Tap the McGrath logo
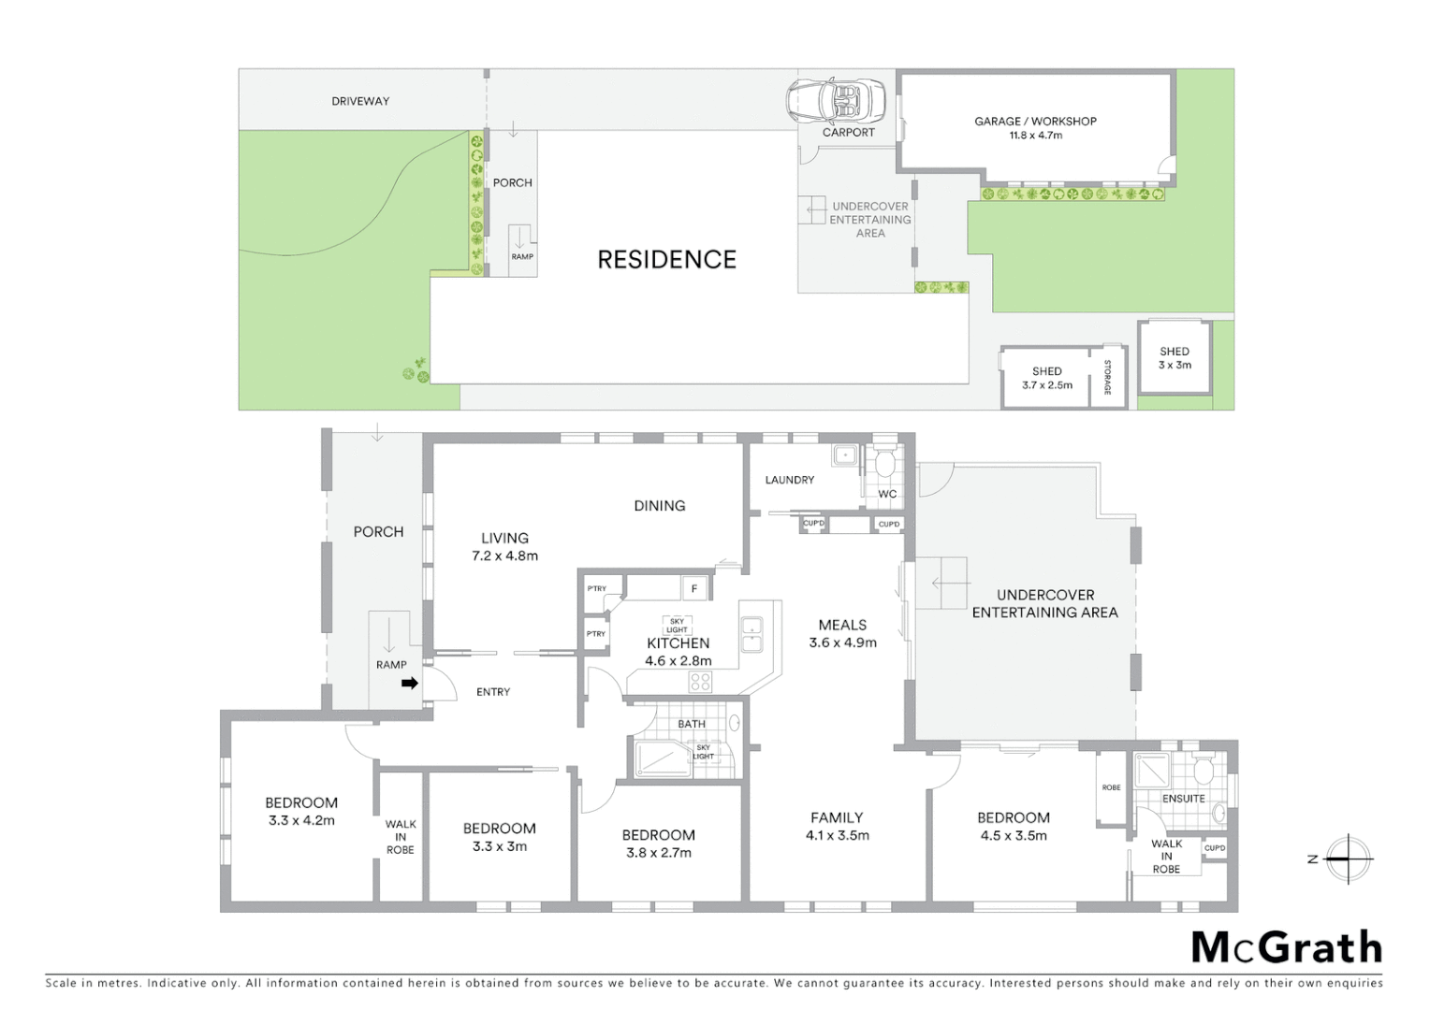click(1286, 947)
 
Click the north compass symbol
click(1347, 858)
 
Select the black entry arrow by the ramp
click(409, 684)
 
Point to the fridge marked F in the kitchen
click(693, 588)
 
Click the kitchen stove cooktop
click(700, 682)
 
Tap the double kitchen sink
click(751, 635)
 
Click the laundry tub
click(845, 455)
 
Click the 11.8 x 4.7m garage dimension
click(1035, 136)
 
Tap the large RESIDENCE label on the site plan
click(666, 259)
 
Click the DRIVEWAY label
click(360, 101)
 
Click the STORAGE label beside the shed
click(1107, 377)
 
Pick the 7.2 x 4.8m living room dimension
click(504, 555)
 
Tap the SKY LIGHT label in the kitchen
click(677, 626)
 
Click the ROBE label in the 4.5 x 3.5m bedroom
click(1111, 787)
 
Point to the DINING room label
click(659, 505)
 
